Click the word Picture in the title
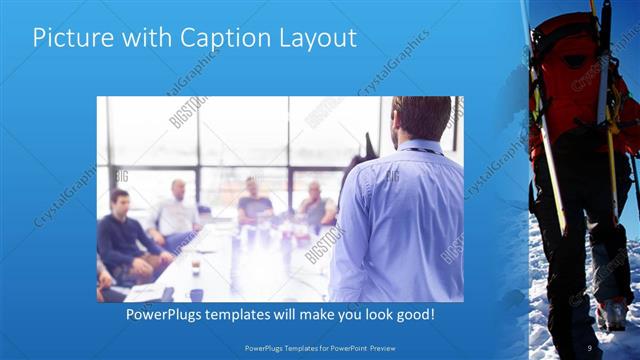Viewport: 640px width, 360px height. pos(68,39)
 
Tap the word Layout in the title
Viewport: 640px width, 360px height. pos(315,39)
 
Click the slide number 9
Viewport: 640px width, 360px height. pos(590,347)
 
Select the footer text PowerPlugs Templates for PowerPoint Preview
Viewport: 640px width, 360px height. pos(320,347)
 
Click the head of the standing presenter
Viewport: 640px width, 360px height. pos(420,118)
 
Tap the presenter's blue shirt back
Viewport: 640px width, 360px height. pos(400,220)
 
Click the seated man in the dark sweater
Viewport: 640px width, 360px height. pos(124,235)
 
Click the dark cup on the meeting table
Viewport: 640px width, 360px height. pos(196,294)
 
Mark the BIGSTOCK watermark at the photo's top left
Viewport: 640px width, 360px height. pos(187,112)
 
